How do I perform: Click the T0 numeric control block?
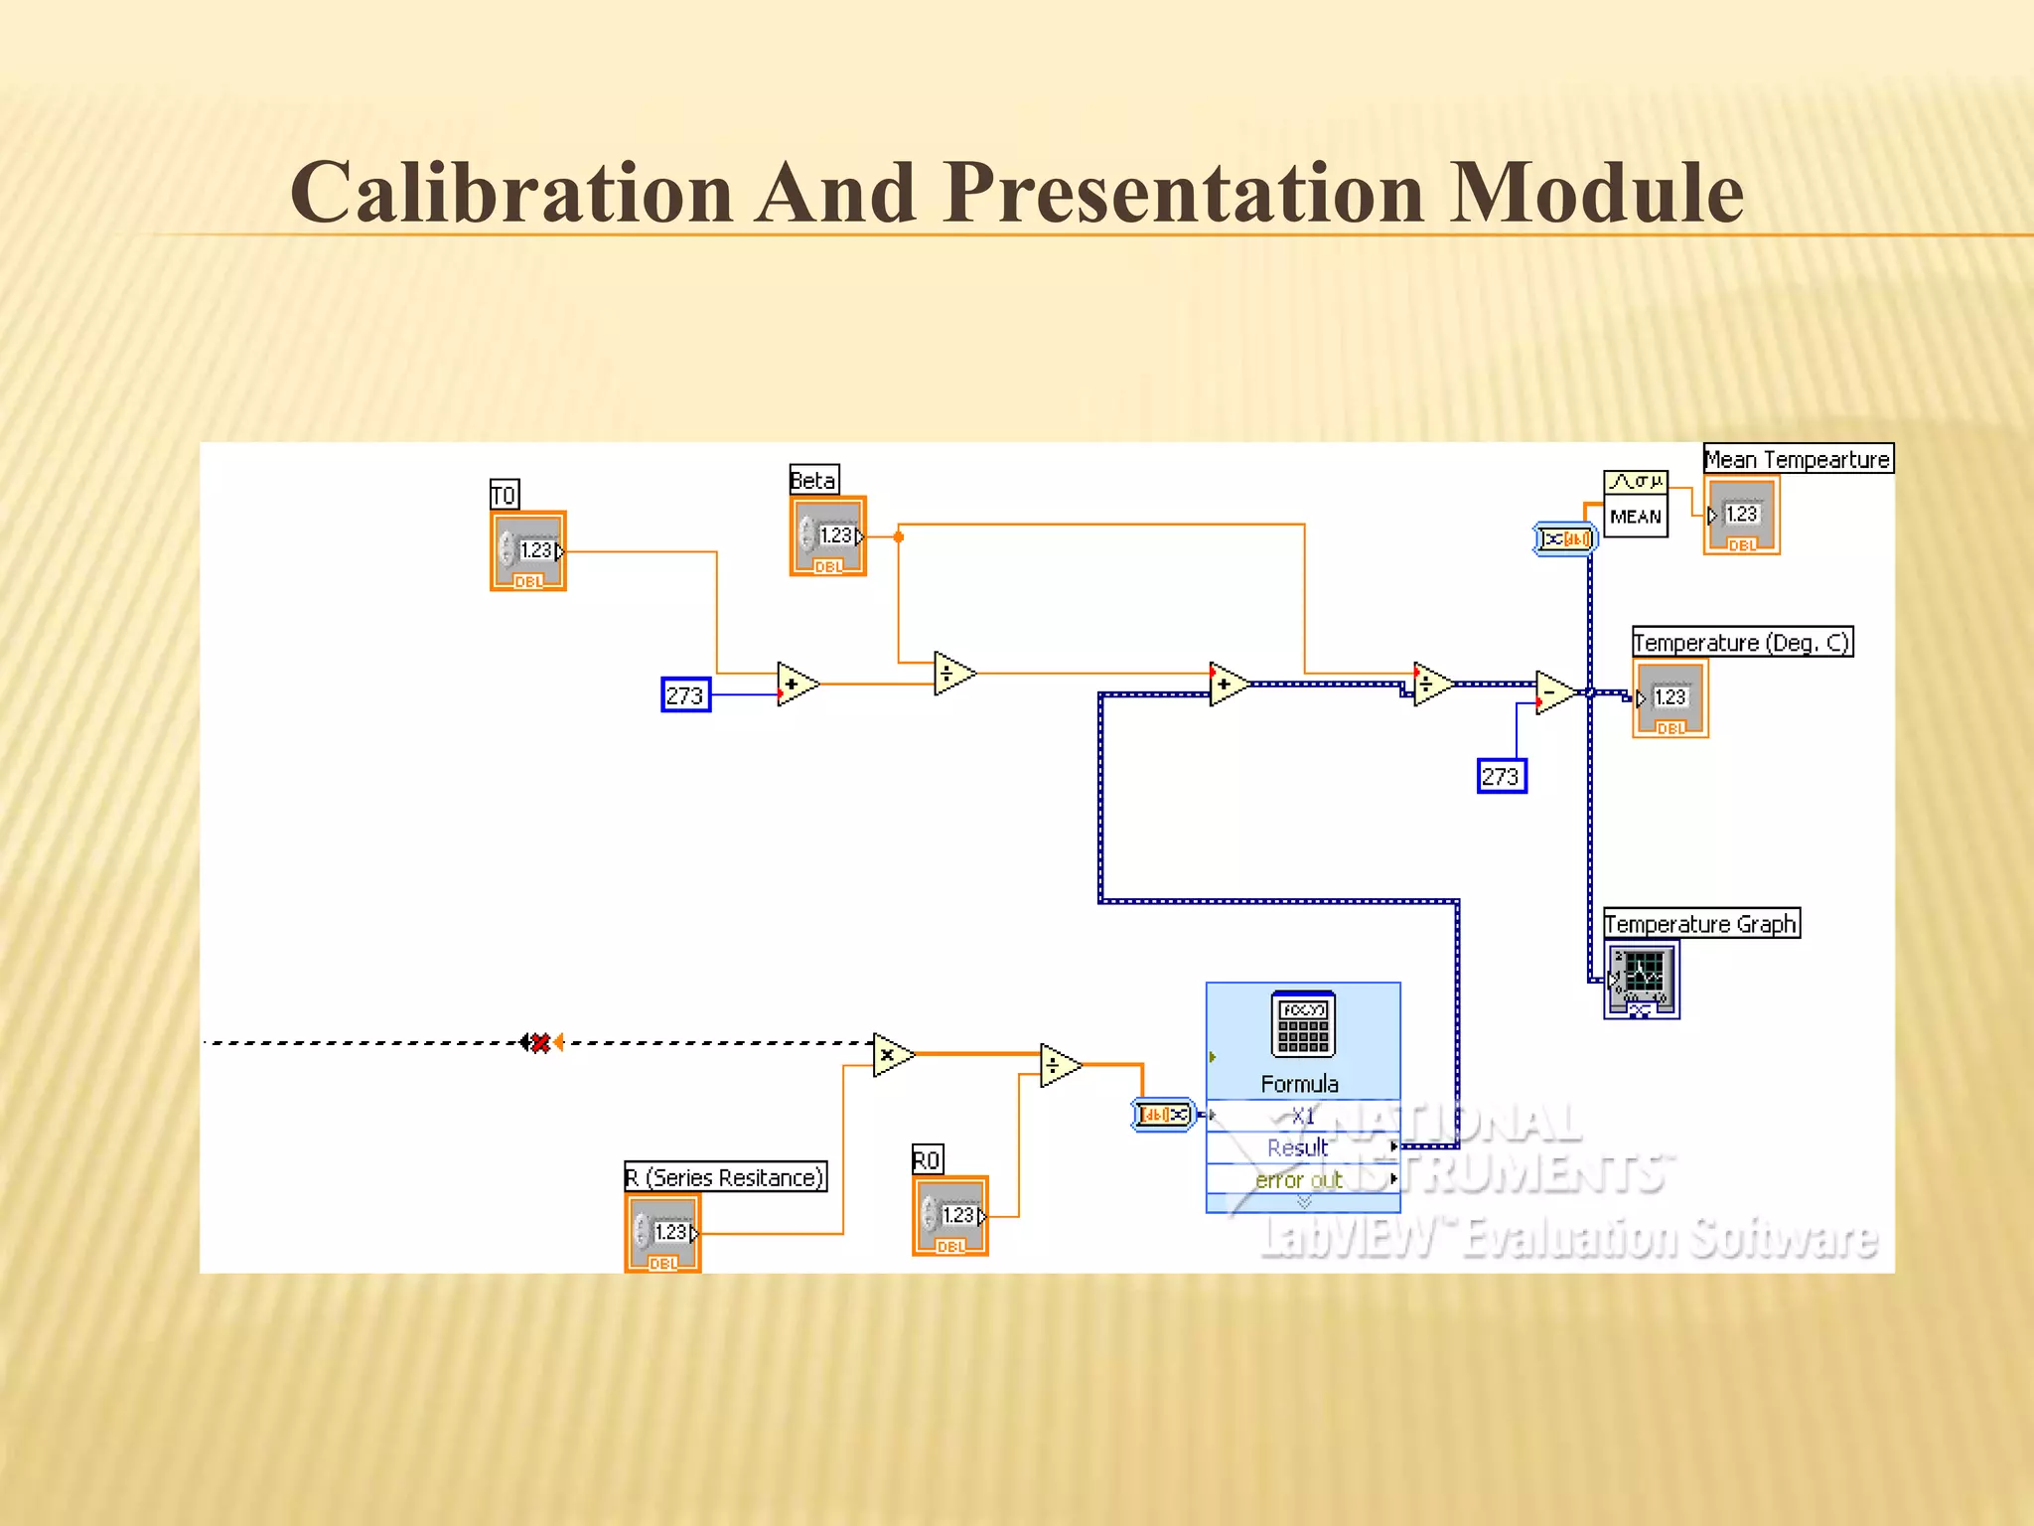[x=528, y=551]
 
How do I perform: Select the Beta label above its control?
[x=813, y=480]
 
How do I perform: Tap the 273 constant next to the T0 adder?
[x=685, y=694]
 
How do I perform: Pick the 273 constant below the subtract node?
[x=1501, y=776]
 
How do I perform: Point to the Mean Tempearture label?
[x=1797, y=459]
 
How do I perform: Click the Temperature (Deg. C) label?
[x=1741, y=642]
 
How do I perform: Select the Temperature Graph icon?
[x=1641, y=979]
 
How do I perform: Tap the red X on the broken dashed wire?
[x=540, y=1042]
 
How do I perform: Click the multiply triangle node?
[x=892, y=1055]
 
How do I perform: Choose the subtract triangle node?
[x=1552, y=691]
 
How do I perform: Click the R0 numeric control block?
[x=950, y=1216]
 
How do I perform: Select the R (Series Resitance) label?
[x=725, y=1177]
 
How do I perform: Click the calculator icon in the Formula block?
[x=1303, y=1024]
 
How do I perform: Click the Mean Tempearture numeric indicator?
[x=1741, y=515]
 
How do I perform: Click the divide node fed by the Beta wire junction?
[x=952, y=674]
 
